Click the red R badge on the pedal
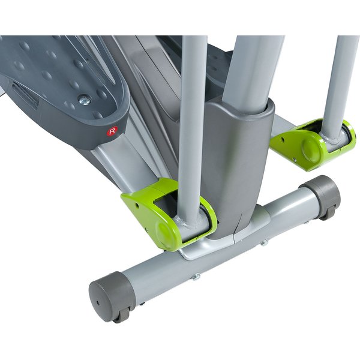112,131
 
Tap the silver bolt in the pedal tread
85,100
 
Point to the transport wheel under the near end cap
122,314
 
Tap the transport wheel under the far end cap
329,213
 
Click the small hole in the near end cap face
98,303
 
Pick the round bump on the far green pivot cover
310,148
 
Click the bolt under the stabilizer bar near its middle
196,277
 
